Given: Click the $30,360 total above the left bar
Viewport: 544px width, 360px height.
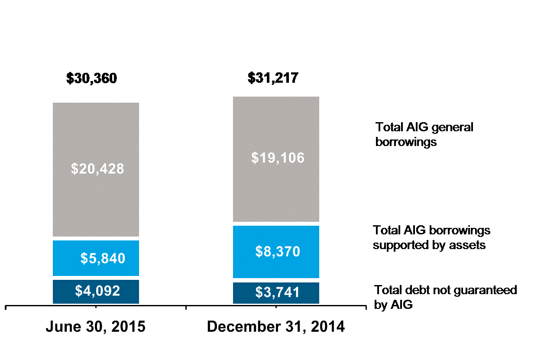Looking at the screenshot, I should [91, 78].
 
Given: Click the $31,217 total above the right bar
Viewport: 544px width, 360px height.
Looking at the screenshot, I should [273, 78].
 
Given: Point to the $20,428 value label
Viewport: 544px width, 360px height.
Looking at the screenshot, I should [97, 169].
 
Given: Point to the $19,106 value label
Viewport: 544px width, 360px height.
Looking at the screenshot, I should [278, 158].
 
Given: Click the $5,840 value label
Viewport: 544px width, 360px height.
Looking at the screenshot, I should [103, 259].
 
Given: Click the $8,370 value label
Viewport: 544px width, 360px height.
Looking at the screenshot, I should [278, 251].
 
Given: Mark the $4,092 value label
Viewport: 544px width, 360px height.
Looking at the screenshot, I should [97, 291].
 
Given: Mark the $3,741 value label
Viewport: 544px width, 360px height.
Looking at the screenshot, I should [278, 292].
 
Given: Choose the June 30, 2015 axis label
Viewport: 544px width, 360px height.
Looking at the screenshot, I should [95, 327].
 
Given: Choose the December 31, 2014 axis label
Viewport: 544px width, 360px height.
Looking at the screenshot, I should [276, 327].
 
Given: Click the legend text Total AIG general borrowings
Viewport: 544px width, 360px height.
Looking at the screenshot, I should [424, 134].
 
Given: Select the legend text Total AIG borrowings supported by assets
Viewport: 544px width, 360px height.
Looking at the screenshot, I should [431, 237].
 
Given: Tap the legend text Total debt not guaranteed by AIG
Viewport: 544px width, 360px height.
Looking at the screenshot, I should [445, 297].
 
